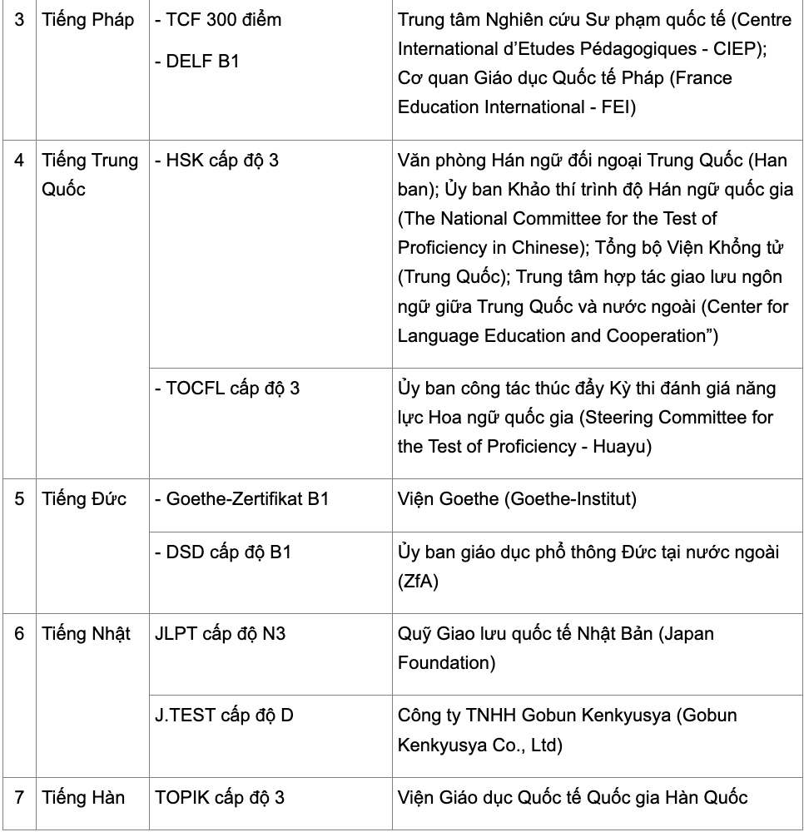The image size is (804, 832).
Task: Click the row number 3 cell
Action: click(20, 21)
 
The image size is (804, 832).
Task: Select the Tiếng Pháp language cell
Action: click(87, 21)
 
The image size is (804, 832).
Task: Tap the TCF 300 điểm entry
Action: click(218, 21)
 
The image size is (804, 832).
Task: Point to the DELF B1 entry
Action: click(197, 61)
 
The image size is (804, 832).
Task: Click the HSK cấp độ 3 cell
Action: click(217, 161)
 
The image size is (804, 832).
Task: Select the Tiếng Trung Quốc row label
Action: click(90, 175)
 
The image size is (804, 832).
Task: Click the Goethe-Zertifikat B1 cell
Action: click(242, 499)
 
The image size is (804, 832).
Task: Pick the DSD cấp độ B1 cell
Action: click(223, 553)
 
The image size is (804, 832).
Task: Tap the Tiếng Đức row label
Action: click(84, 499)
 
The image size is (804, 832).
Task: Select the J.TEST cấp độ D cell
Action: click(224, 715)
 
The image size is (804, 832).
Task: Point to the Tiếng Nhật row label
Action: click(87, 634)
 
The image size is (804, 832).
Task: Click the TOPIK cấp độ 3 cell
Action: click(220, 797)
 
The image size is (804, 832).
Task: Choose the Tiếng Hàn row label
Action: click(83, 797)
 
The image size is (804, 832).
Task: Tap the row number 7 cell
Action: click(20, 797)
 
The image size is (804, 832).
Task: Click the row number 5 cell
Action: click(20, 499)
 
